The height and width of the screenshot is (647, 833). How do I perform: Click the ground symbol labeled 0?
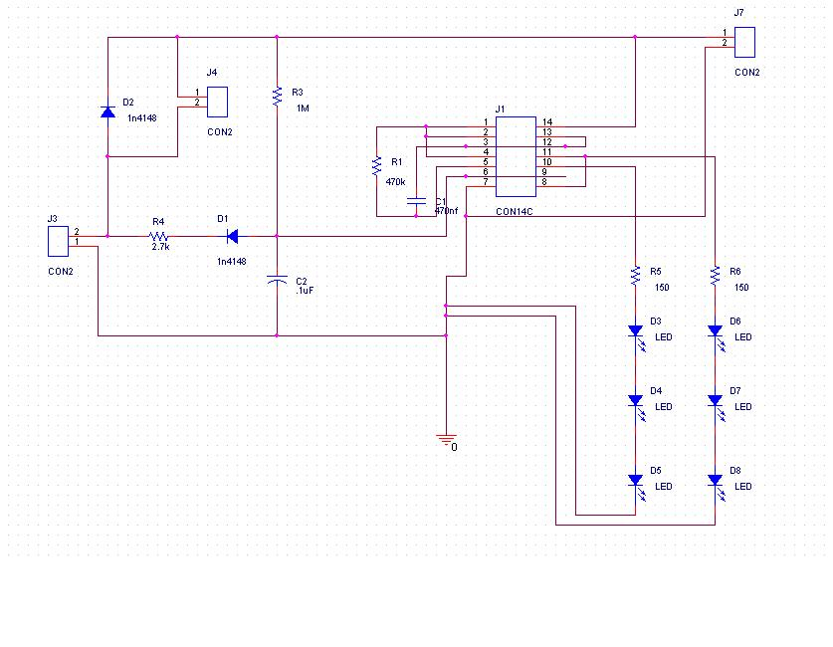447,439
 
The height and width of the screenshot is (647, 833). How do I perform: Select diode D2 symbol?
107,111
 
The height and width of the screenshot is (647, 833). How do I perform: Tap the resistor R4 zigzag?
158,236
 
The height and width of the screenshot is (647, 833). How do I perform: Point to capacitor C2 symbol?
277,283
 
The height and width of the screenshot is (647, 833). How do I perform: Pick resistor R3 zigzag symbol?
277,96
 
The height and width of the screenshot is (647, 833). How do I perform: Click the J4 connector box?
218,102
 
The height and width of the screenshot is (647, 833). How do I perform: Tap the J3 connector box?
59,241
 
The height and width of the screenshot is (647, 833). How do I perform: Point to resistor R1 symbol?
376,166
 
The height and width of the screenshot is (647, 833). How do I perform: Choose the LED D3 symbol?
635,330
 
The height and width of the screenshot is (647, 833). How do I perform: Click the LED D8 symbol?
715,480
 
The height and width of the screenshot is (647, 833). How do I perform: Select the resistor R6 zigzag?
715,275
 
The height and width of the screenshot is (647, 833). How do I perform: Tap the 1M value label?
303,108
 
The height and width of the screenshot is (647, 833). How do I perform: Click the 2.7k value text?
160,246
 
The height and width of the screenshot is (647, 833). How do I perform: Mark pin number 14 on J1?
546,122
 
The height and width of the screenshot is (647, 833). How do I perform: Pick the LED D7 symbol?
715,400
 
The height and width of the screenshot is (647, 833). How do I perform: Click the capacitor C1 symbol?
417,202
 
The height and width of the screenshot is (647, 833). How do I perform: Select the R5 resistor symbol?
635,275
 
